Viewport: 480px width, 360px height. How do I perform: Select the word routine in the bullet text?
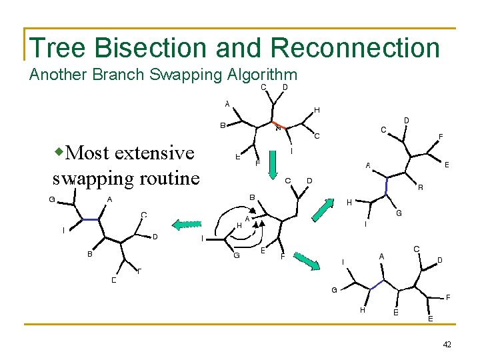click(x=168, y=179)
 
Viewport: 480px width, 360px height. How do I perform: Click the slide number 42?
click(x=447, y=344)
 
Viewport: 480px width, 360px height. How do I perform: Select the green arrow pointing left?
click(x=187, y=225)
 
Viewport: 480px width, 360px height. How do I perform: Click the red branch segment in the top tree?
click(x=280, y=126)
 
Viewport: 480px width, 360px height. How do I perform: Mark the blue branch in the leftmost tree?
click(x=90, y=219)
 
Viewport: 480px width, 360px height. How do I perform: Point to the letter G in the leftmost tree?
click(x=52, y=199)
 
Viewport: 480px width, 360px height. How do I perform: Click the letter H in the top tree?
click(x=317, y=110)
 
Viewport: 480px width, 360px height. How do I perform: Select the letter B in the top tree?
click(x=223, y=125)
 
